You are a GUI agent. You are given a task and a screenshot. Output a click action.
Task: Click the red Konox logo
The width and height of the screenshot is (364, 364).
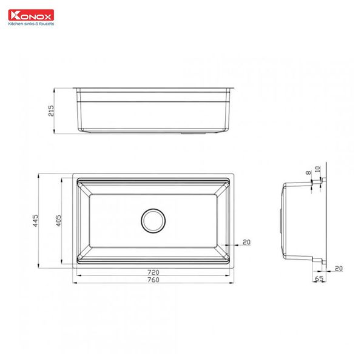coord(31,15)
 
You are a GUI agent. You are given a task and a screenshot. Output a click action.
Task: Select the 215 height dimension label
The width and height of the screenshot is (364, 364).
coord(51,110)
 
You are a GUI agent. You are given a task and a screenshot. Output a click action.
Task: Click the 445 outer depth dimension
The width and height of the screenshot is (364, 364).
coord(35,221)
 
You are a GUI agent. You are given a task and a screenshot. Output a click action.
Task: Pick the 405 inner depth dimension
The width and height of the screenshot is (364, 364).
coord(58,221)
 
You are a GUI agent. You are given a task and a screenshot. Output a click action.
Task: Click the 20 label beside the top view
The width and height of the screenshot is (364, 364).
coord(246,241)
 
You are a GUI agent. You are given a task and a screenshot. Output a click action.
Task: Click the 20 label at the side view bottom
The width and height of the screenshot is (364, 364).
coord(338,268)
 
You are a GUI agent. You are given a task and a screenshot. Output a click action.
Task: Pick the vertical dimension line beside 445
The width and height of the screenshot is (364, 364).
coord(39,221)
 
